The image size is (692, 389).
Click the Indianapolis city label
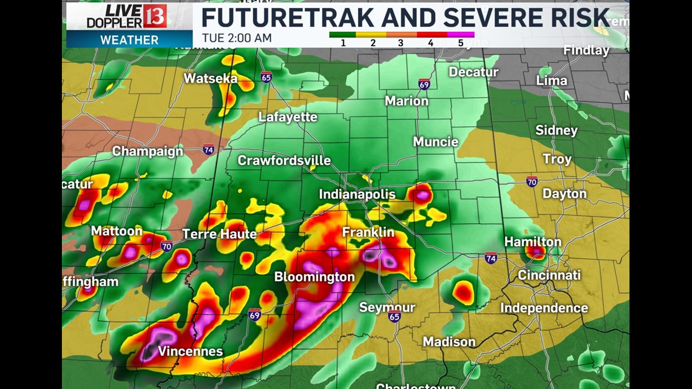(358, 195)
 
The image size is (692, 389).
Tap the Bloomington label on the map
(314, 277)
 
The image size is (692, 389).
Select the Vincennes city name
(190, 351)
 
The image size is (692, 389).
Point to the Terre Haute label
(219, 234)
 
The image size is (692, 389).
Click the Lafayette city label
(288, 117)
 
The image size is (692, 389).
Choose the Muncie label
(435, 142)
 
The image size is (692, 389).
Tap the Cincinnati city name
(549, 276)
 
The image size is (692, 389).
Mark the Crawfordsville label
(284, 160)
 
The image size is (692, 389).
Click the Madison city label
(449, 342)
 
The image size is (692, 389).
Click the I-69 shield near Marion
(424, 84)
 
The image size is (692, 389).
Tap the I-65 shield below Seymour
(395, 316)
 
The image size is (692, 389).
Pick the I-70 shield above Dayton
(532, 181)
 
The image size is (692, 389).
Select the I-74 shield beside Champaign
(208, 149)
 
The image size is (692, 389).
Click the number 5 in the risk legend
(460, 43)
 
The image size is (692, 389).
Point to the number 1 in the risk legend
(343, 43)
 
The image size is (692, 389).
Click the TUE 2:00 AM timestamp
(237, 38)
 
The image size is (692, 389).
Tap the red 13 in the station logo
(155, 16)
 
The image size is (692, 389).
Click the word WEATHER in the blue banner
(129, 40)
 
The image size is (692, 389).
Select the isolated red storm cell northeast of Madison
(463, 293)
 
